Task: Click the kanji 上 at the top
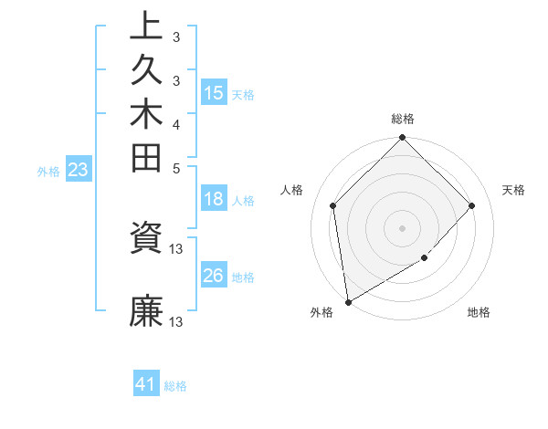pyautogui.click(x=147, y=26)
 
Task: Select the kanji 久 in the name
pyautogui.click(x=147, y=69)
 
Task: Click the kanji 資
pyautogui.click(x=147, y=239)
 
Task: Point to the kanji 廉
pyautogui.click(x=147, y=311)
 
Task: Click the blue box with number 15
pyautogui.click(x=214, y=93)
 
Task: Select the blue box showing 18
pyautogui.click(x=214, y=200)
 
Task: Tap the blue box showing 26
pyautogui.click(x=214, y=277)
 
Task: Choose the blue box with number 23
pyautogui.click(x=79, y=170)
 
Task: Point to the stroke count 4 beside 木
pyautogui.click(x=176, y=124)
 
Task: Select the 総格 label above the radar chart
pyautogui.click(x=403, y=119)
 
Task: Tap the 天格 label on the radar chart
pyautogui.click(x=514, y=190)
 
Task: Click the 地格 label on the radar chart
pyautogui.click(x=479, y=313)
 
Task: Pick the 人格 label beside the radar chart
pyautogui.click(x=292, y=190)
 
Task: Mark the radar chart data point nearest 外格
pyautogui.click(x=348, y=302)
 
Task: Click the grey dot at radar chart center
pyautogui.click(x=403, y=227)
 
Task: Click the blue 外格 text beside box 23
pyautogui.click(x=48, y=171)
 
